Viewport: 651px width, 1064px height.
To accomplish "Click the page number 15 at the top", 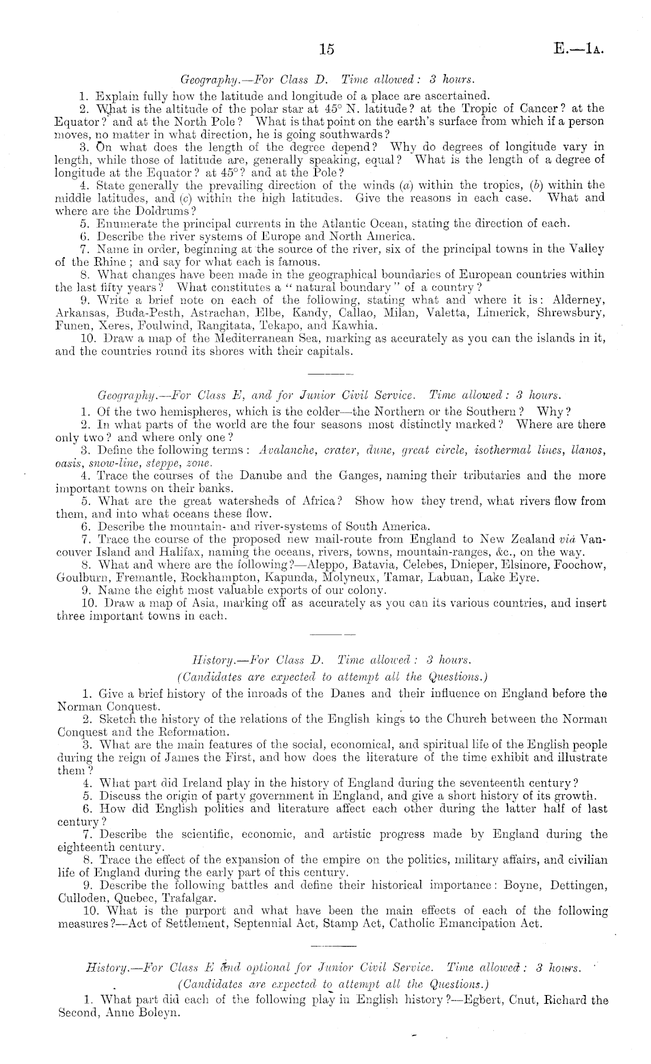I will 327,50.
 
